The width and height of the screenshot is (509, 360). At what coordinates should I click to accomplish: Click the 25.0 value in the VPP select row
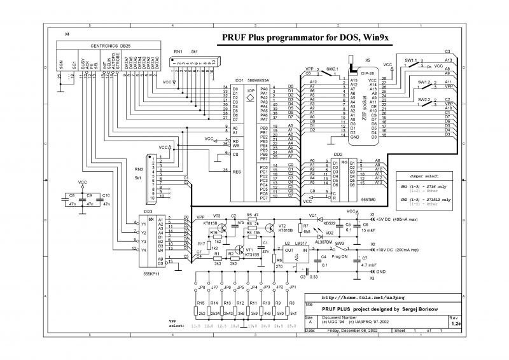pos(291,326)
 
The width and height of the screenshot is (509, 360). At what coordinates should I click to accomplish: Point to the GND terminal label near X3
pos(380,272)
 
